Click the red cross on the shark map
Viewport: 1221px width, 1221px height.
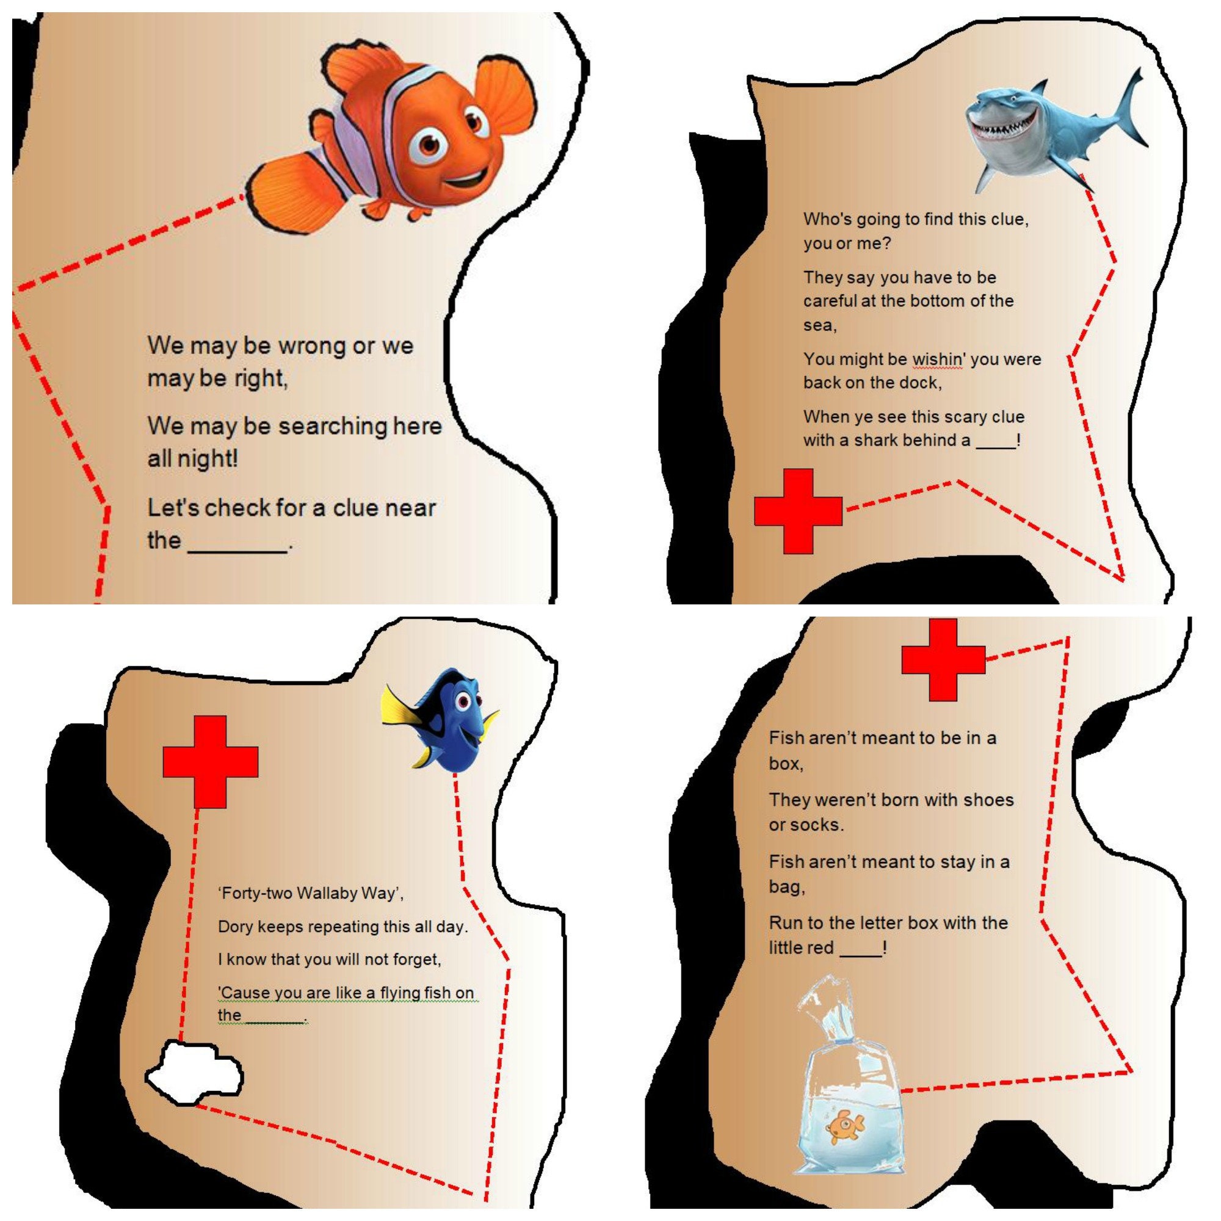pyautogui.click(x=798, y=511)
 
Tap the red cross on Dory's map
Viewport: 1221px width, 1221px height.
pyautogui.click(x=211, y=761)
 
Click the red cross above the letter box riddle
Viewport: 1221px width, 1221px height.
pyautogui.click(x=943, y=660)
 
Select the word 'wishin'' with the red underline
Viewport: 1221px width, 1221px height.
pyautogui.click(x=938, y=359)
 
